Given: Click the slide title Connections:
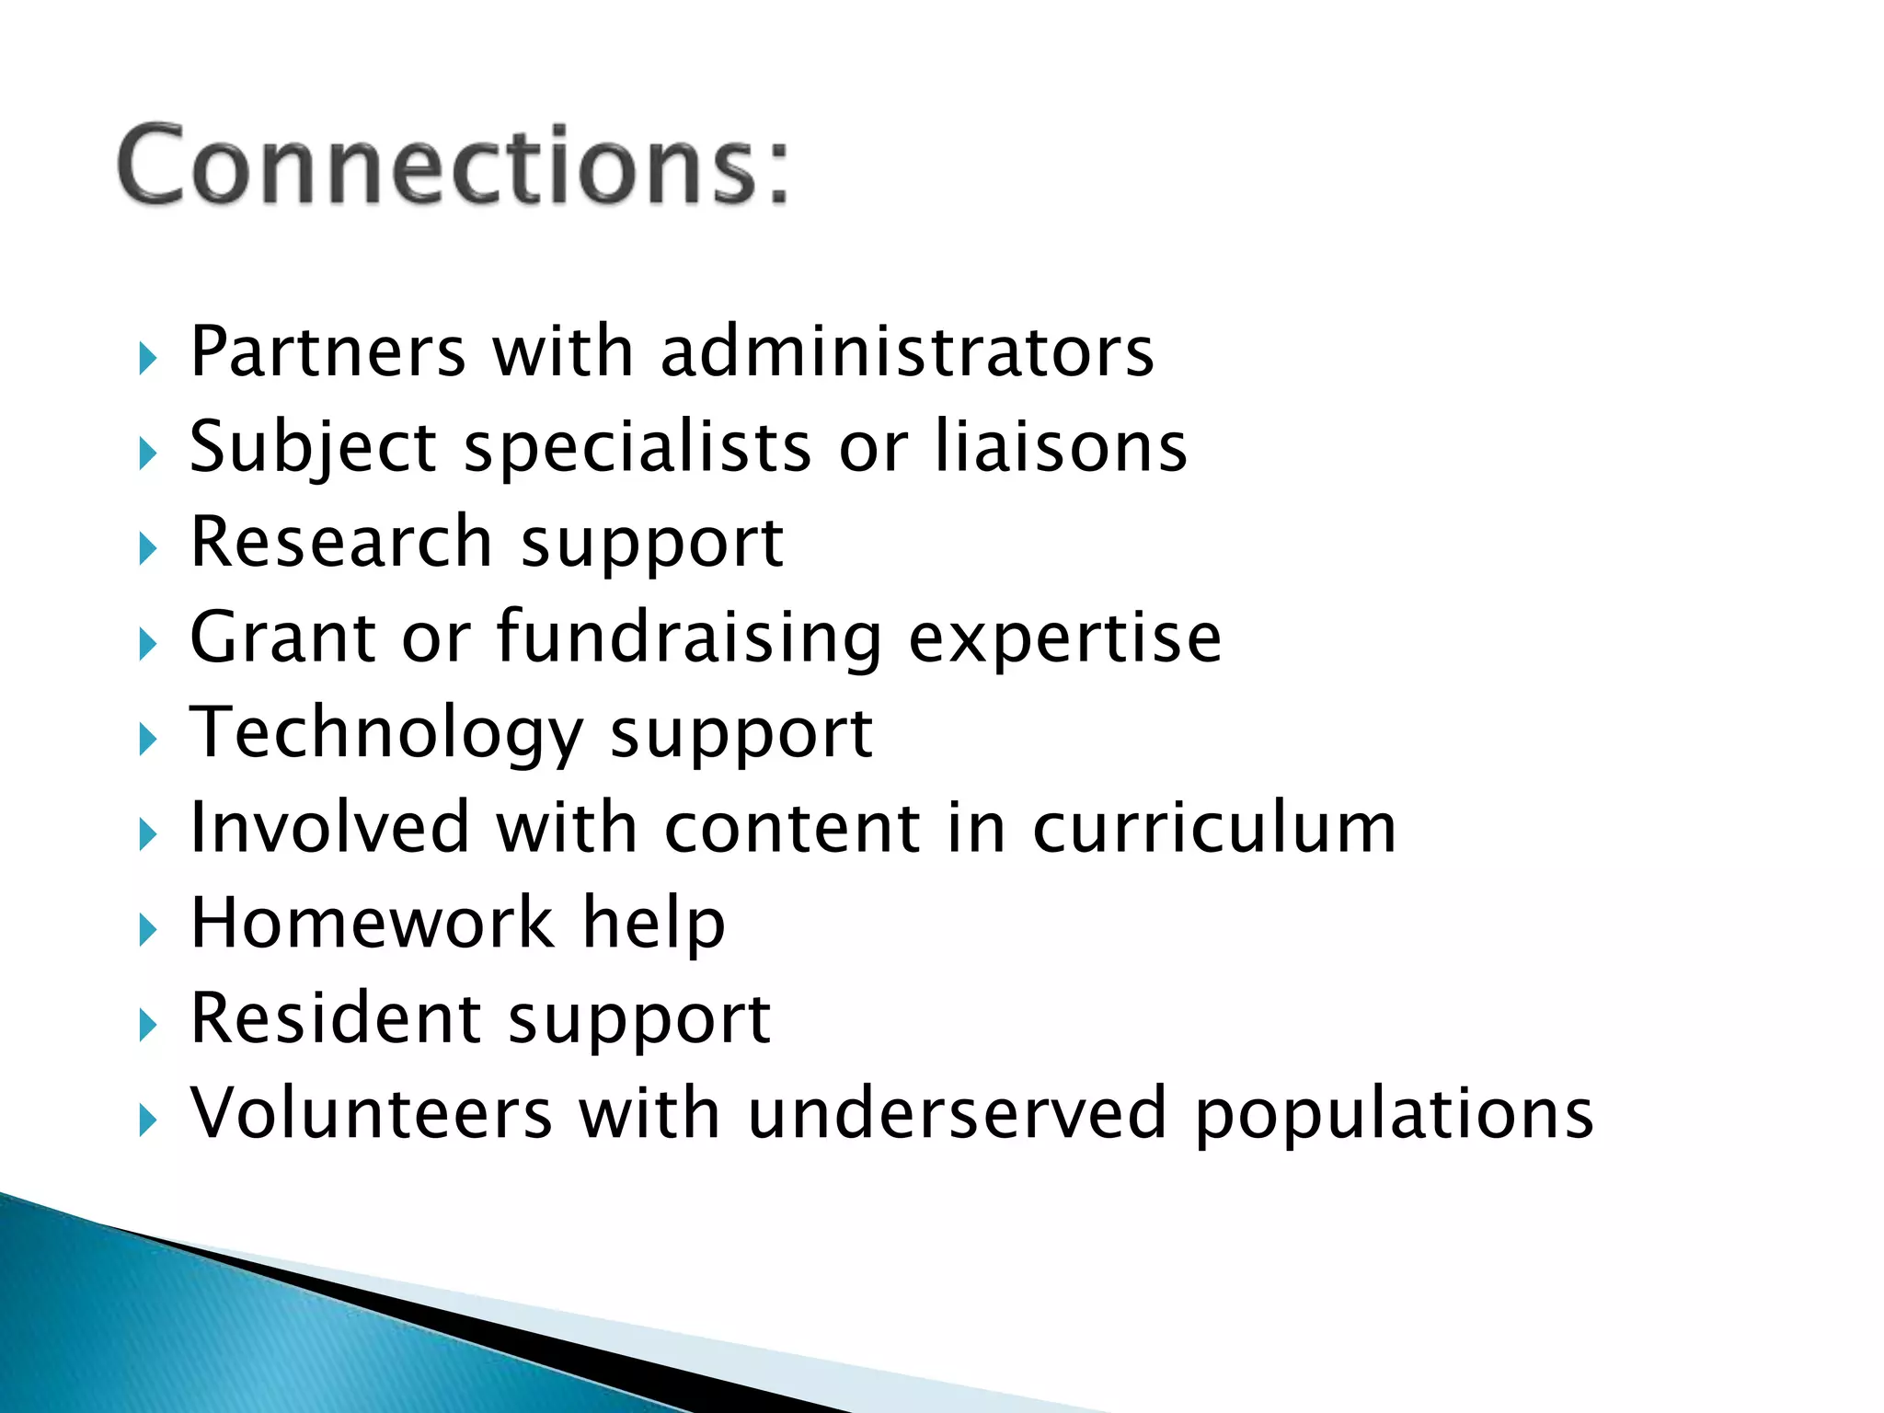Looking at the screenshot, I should pyautogui.click(x=453, y=166).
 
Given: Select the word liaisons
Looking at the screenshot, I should pyautogui.click(x=1061, y=447).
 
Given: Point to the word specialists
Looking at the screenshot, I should pyautogui.click(x=638, y=449).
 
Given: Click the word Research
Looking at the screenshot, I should pyautogui.click(x=341, y=542).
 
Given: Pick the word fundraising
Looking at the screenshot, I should pyautogui.click(x=690, y=638).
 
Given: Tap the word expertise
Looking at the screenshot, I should pyautogui.click(x=1065, y=639).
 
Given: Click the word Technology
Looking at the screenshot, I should pyautogui.click(x=386, y=733).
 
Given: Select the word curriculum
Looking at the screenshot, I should pyautogui.click(x=1214, y=828).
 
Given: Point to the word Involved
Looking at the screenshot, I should pyautogui.click(x=330, y=828).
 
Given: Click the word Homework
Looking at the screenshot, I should pyautogui.click(x=373, y=923).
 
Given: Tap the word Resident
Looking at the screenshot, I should pyautogui.click(x=336, y=1018).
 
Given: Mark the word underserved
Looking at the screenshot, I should pyautogui.click(x=958, y=1113).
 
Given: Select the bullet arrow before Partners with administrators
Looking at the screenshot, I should pyautogui.click(x=148, y=358).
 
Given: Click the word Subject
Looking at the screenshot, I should pyautogui.click(x=313, y=449).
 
